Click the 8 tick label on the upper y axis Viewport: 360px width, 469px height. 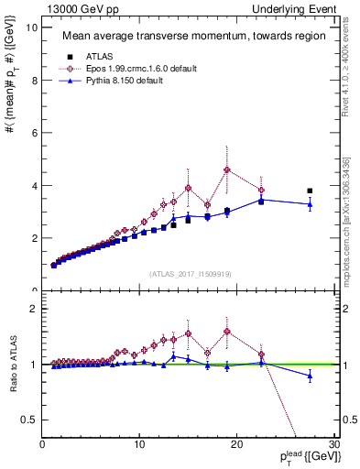[35, 80]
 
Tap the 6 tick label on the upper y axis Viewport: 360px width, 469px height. [35, 133]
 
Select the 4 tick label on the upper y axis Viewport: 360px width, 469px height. [35, 185]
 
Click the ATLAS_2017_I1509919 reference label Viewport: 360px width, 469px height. [189, 273]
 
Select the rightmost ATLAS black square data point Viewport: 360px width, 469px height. [310, 191]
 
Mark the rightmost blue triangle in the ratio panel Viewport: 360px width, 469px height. [310, 376]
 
